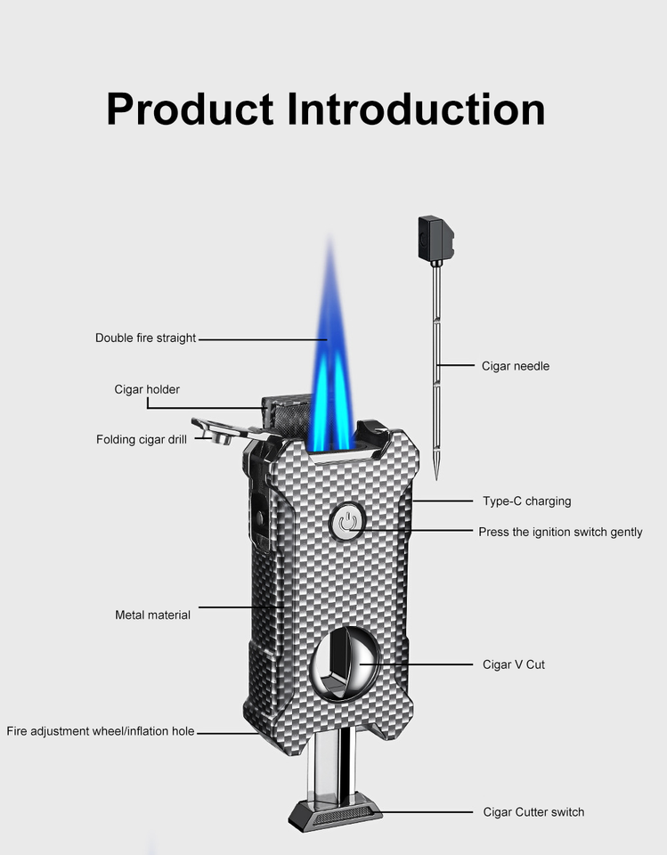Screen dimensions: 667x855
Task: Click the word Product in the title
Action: point(190,109)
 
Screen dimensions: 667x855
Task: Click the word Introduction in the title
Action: point(415,109)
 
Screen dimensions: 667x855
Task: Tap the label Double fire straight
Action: point(145,338)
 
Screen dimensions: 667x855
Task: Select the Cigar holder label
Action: point(147,389)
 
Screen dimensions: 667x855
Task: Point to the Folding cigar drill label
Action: point(142,439)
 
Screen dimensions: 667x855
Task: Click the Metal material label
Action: point(152,615)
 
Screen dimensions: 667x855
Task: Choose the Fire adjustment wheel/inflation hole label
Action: point(100,731)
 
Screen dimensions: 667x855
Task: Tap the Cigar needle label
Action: point(516,366)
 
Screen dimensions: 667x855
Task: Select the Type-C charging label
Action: point(526,501)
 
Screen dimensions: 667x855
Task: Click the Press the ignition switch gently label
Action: point(560,532)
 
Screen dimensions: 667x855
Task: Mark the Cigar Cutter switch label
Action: point(533,811)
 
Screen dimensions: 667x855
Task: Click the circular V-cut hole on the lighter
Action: point(343,665)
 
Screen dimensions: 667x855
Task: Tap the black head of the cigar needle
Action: point(435,238)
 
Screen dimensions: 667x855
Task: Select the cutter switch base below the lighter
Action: point(335,812)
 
